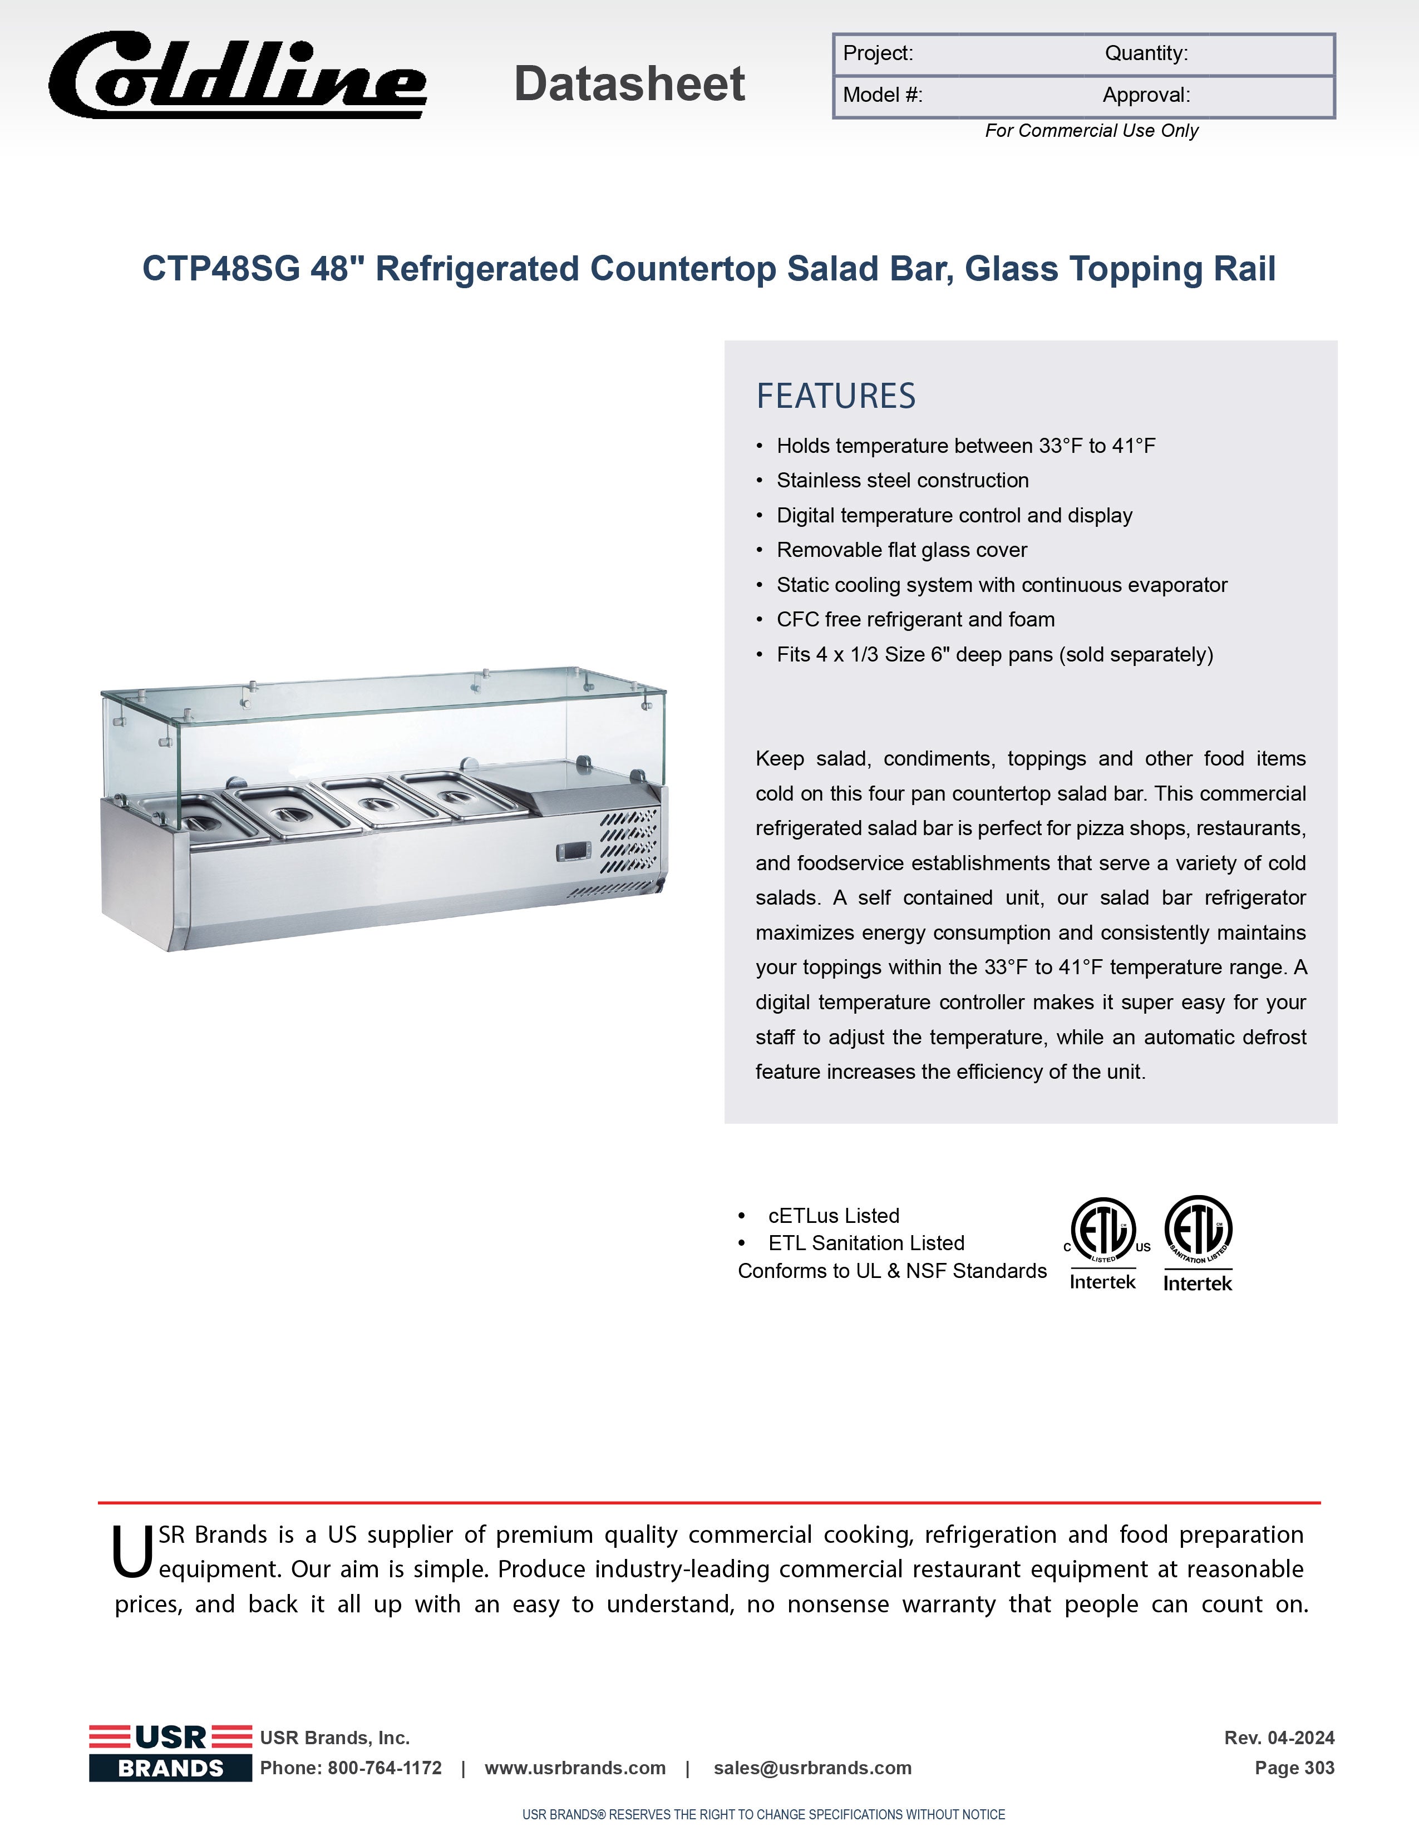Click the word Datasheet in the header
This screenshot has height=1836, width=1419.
tap(629, 84)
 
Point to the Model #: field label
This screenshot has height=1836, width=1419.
tap(883, 95)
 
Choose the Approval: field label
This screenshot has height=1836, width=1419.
tap(1146, 95)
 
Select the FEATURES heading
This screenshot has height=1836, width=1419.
tap(836, 396)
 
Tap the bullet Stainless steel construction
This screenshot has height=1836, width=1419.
tap(902, 480)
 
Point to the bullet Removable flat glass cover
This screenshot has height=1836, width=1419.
tap(901, 550)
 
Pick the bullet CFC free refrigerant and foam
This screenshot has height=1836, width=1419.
tap(915, 620)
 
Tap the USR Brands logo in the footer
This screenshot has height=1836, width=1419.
tap(171, 1752)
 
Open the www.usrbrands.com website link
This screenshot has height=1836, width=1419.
tap(575, 1768)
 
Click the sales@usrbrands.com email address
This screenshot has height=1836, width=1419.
tap(812, 1768)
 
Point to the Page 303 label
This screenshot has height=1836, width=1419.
tap(1294, 1768)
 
